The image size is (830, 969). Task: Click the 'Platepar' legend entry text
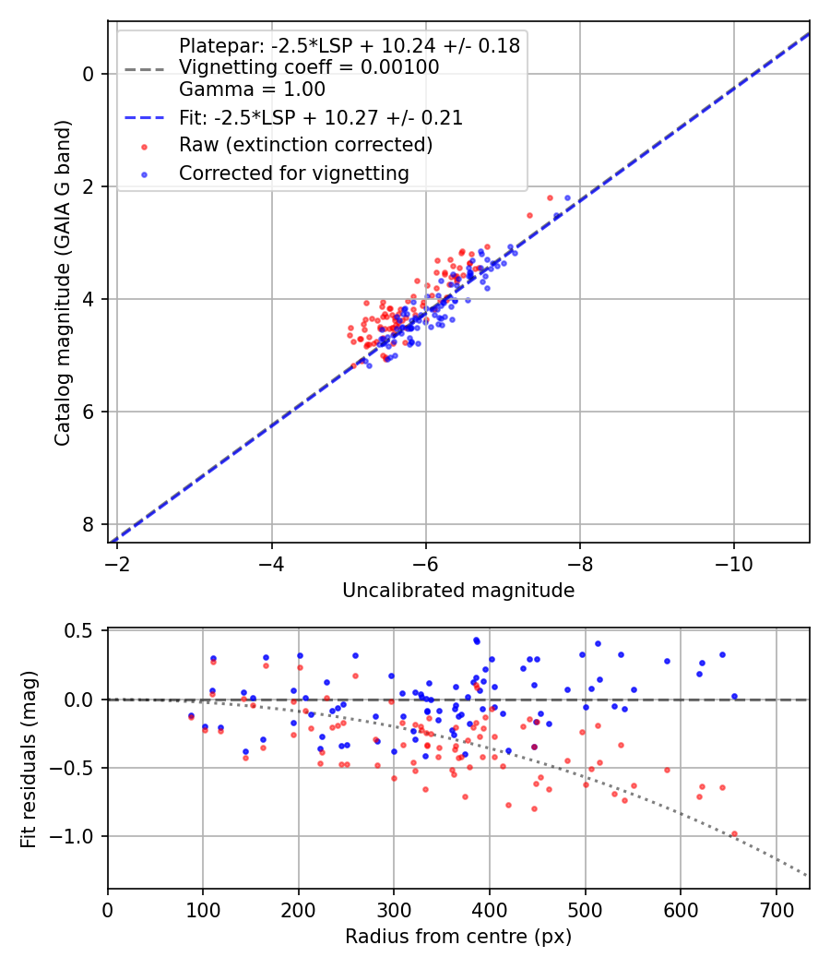coord(349,45)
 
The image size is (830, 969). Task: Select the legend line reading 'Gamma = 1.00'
coord(252,90)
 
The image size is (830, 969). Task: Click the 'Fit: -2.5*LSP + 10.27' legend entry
coord(320,118)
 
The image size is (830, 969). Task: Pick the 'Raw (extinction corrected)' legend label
coord(305,145)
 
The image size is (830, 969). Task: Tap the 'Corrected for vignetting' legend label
coord(294,173)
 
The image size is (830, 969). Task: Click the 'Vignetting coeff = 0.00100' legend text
coord(309,67)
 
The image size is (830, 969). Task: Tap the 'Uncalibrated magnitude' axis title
coord(458,591)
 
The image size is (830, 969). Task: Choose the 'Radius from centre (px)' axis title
coord(458,937)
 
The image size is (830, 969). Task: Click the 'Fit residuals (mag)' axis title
coord(30,759)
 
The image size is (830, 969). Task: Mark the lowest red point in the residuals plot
coord(734,834)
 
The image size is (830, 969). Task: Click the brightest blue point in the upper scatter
coord(568,197)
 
